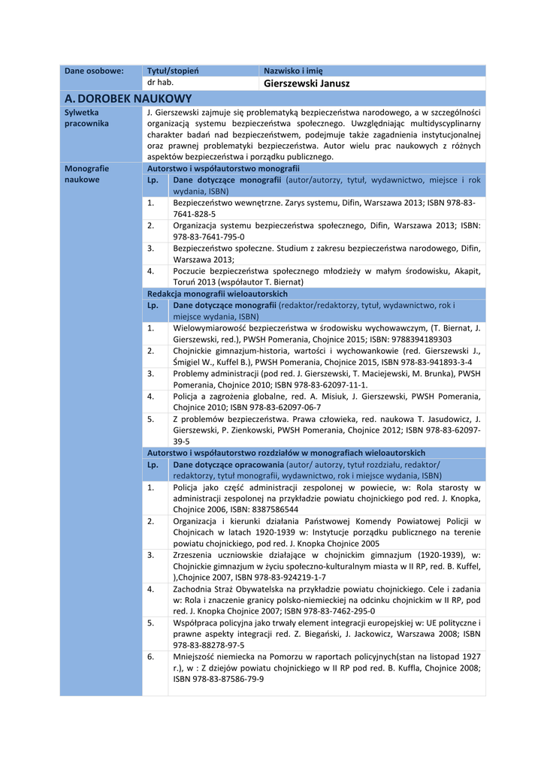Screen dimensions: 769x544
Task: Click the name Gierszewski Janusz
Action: [307, 83]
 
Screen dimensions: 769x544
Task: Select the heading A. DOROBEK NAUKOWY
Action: [128, 98]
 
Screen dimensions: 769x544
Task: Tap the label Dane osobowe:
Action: [94, 71]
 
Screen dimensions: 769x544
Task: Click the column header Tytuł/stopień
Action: [173, 71]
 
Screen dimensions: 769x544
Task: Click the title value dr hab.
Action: [160, 83]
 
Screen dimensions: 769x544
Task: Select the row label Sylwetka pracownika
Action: [87, 117]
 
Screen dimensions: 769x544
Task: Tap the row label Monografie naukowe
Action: [87, 174]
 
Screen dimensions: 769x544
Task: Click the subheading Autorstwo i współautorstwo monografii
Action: [223, 169]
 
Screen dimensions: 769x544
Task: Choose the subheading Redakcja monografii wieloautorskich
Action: [217, 294]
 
